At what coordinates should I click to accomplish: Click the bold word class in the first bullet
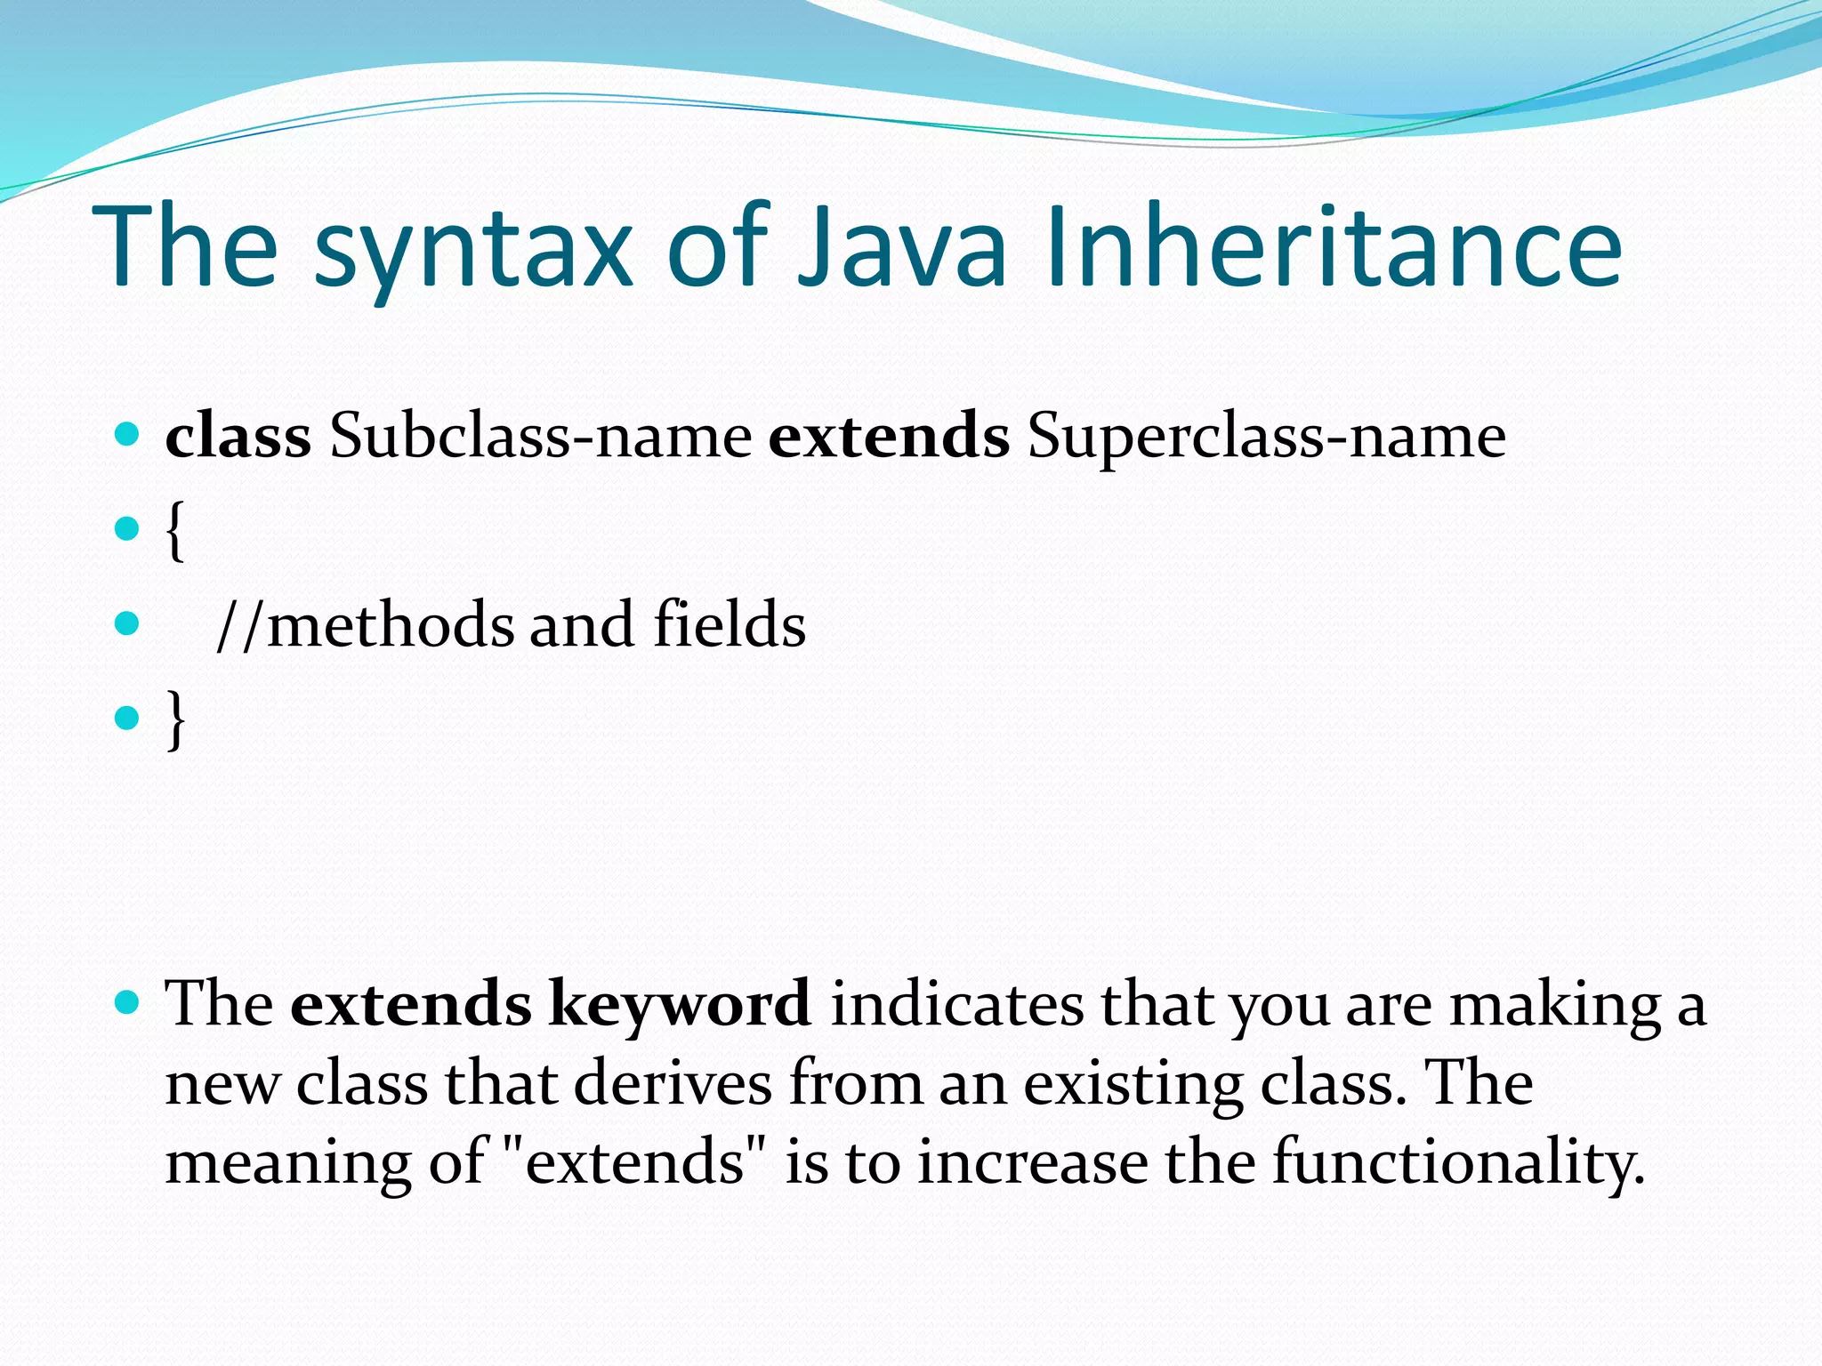(238, 437)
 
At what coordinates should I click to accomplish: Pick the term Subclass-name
(540, 437)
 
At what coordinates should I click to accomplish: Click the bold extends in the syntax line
(888, 437)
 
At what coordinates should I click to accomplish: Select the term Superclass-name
(1266, 437)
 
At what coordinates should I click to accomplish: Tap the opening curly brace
(175, 531)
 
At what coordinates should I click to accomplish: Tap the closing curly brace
(176, 719)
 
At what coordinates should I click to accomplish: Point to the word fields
(730, 624)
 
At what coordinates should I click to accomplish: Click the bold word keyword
(680, 1005)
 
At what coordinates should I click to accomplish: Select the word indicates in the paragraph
(956, 1005)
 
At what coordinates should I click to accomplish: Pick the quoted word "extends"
(634, 1162)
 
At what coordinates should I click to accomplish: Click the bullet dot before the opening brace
(128, 529)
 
